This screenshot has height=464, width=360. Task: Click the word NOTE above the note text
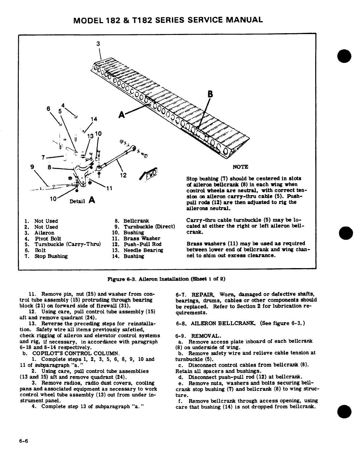tap(240, 167)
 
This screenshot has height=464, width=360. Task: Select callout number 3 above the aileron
tap(98, 44)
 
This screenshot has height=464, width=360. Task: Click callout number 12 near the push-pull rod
tap(123, 175)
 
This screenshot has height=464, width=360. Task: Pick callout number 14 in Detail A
tap(94, 119)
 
